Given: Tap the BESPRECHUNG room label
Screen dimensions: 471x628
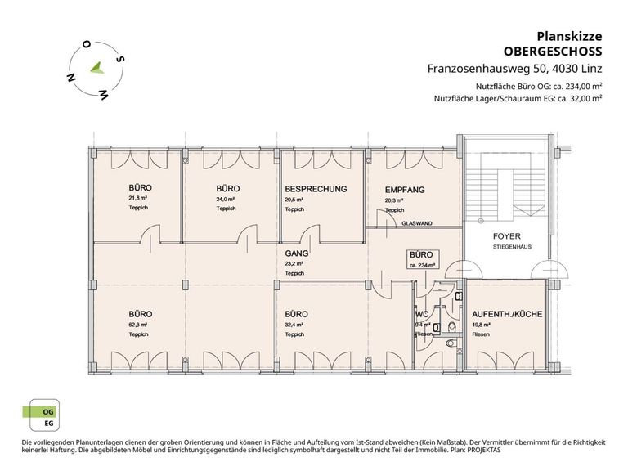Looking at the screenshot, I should pyautogui.click(x=316, y=189).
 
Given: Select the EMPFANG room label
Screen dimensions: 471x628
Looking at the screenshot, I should pyautogui.click(x=405, y=190).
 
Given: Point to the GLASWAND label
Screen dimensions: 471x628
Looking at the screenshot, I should pyautogui.click(x=417, y=222).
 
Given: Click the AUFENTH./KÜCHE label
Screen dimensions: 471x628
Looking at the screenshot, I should pyautogui.click(x=506, y=313).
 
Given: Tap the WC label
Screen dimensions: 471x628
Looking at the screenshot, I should pyautogui.click(x=422, y=314).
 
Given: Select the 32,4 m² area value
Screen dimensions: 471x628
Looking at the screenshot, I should pyautogui.click(x=294, y=325).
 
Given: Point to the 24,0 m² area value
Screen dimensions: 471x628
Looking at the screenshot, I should pyautogui.click(x=226, y=199).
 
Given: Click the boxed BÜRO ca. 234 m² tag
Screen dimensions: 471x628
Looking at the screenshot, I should pyautogui.click(x=421, y=259).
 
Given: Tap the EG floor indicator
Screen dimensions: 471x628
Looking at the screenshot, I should pyautogui.click(x=37, y=425).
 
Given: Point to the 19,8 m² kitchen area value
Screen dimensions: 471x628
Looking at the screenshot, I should pyautogui.click(x=480, y=325).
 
